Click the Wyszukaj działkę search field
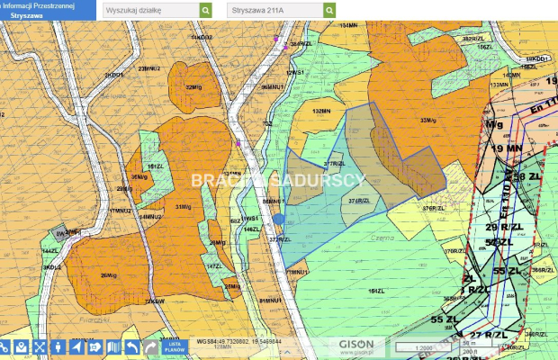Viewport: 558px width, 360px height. [149, 10]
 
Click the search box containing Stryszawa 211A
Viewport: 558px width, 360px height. [274, 10]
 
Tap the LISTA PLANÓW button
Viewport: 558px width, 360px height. [175, 346]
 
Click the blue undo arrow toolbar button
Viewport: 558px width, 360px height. [132, 346]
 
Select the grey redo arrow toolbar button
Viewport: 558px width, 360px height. [151, 346]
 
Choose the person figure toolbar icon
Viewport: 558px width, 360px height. [58, 346]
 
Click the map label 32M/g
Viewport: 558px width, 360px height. [193, 87]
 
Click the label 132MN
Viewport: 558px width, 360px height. [321, 112]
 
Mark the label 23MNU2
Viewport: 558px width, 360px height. [149, 68]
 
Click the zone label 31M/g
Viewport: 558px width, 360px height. [184, 207]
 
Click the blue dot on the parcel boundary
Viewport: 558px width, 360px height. [278, 219]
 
